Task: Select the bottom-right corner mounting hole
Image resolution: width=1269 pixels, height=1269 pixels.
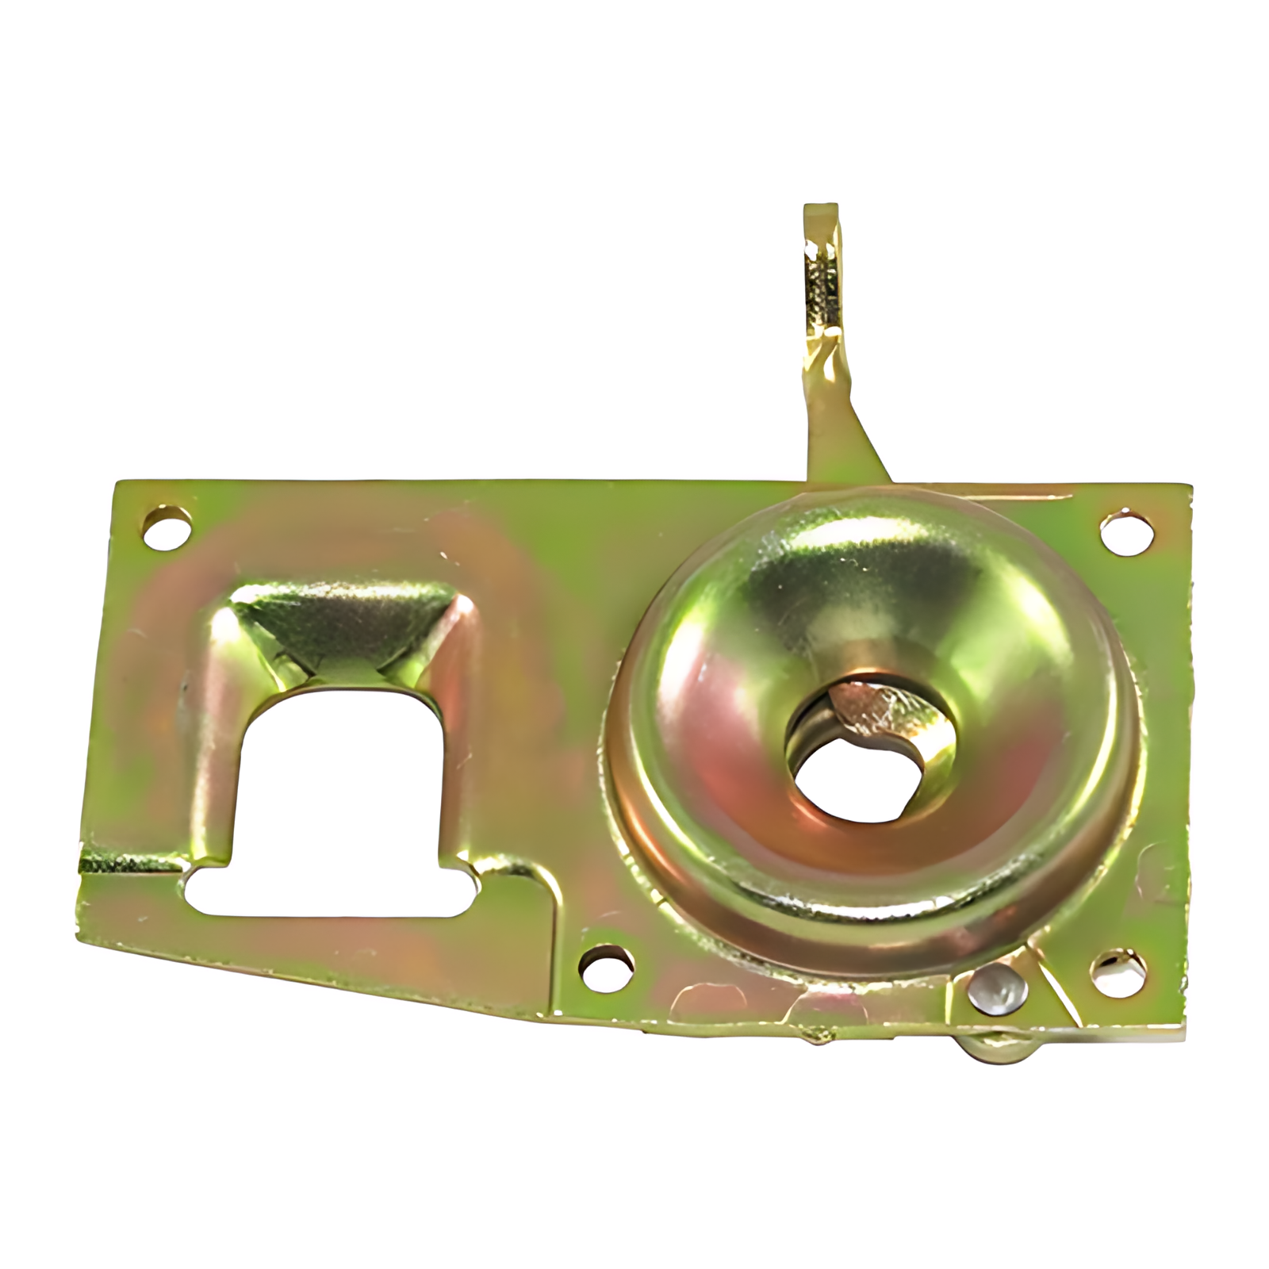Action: coord(1118,968)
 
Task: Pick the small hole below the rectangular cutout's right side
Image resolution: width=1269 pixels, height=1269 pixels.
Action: coord(607,966)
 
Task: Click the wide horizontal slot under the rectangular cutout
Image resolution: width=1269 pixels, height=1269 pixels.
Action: coord(333,893)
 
